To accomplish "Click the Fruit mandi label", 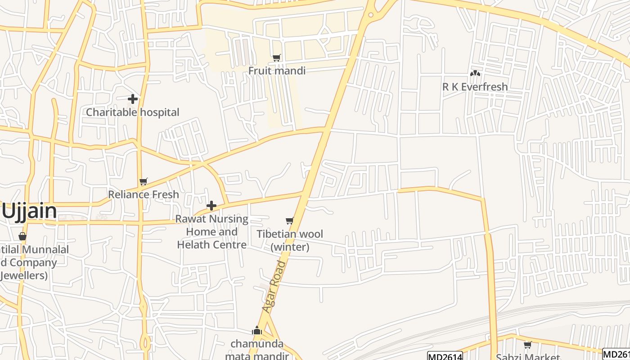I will coord(277,71).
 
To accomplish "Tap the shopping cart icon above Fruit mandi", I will coord(277,58).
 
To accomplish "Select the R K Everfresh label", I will coord(475,87).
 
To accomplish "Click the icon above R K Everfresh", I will coord(475,73).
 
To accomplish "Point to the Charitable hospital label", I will coord(132,112).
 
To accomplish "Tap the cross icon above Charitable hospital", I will coord(133,99).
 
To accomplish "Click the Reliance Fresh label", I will coord(144,194).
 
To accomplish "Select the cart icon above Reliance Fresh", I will coord(144,182).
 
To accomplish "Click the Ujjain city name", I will coord(29,211).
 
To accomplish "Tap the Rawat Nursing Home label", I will coord(211,232).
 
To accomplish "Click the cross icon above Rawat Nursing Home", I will coord(211,206).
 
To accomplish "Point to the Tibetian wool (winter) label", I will coord(290,240).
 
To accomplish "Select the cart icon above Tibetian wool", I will coord(290,220).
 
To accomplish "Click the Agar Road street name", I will coord(274,287).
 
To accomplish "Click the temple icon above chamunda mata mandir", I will coord(257,331).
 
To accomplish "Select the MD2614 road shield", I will coord(445,356).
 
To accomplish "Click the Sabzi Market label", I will coord(528,357).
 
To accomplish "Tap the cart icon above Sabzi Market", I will coord(528,345).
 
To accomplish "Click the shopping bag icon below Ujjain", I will coord(22,236).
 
